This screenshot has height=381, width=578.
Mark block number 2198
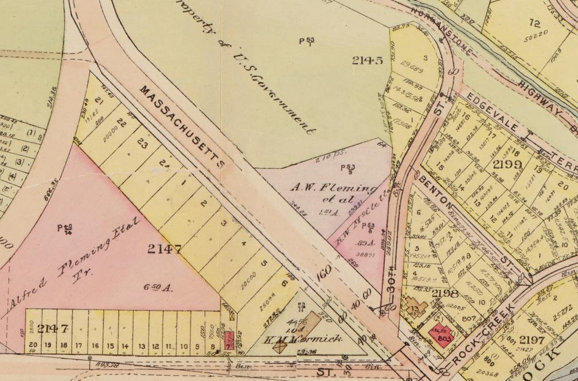446,294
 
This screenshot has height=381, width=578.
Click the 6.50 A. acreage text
162,286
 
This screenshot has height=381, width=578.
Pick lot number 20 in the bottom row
33,346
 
